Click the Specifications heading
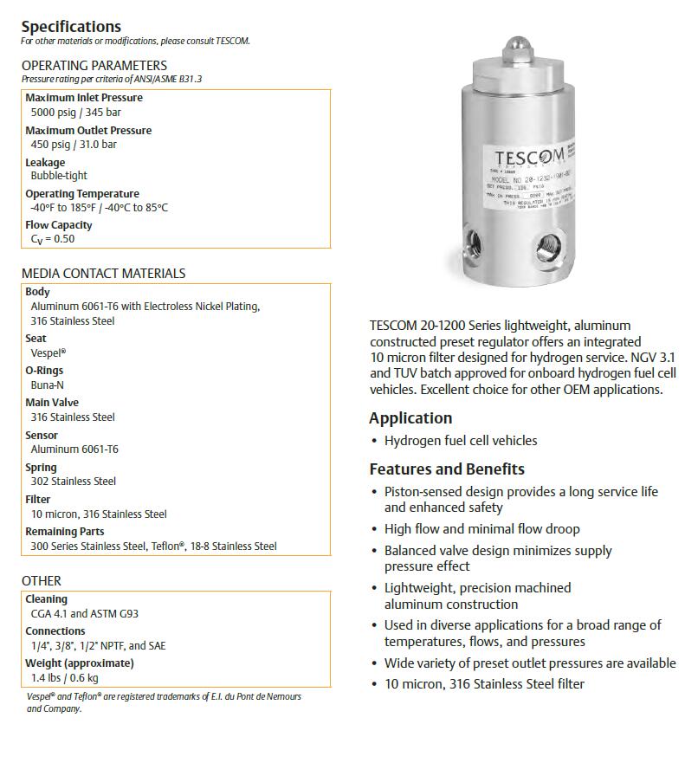[x=71, y=26]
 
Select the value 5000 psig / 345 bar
[x=74, y=113]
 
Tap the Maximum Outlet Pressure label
[x=88, y=130]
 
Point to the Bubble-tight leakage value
[x=59, y=176]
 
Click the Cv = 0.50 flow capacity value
[x=53, y=239]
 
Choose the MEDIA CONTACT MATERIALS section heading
[x=103, y=273]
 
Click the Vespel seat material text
[x=48, y=353]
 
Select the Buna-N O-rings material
[x=48, y=385]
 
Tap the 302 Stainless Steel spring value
[x=73, y=481]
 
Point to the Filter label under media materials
[x=38, y=499]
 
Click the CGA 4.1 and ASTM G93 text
[x=84, y=614]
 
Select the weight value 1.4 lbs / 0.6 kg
[x=64, y=678]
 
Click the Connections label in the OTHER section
[x=55, y=630]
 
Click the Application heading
[x=410, y=418]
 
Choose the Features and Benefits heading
[x=447, y=469]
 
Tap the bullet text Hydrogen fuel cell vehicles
[x=461, y=441]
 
